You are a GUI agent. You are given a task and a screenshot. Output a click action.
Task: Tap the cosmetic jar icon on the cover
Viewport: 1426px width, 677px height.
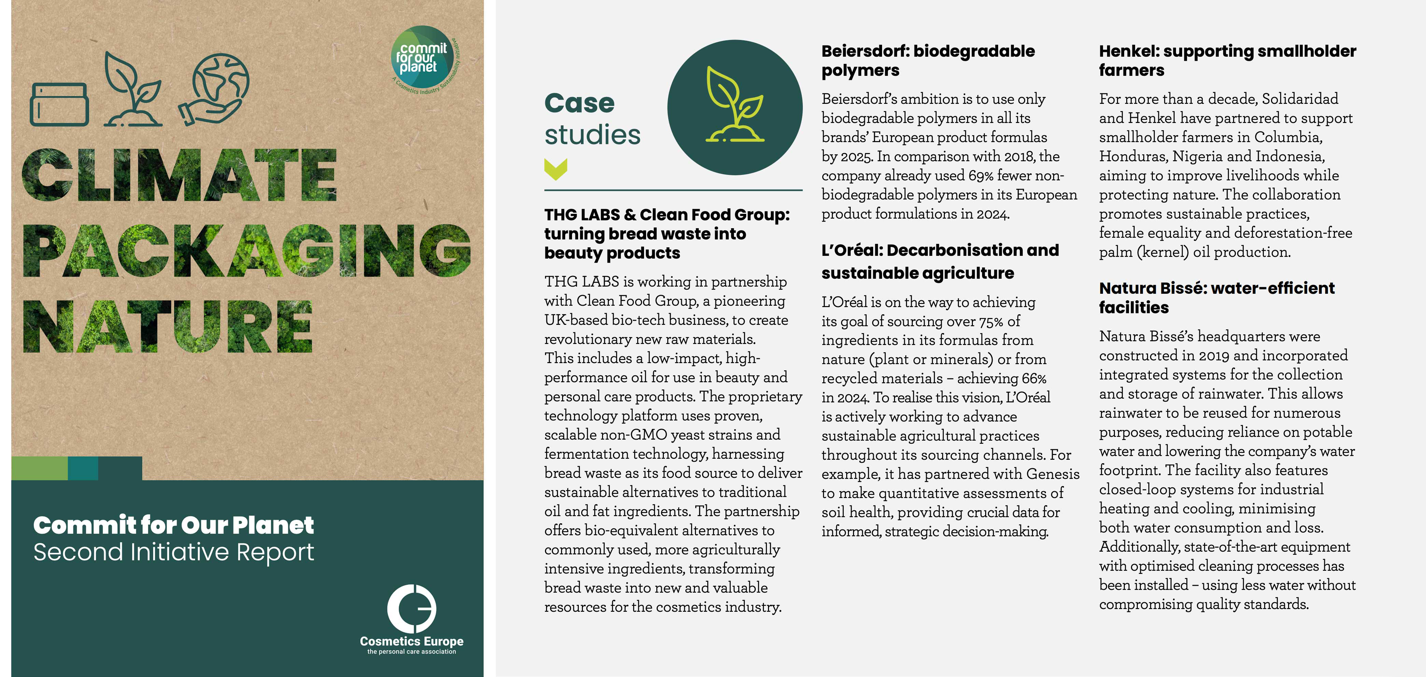point(59,105)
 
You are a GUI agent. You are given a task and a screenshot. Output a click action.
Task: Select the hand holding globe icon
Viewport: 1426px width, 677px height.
point(214,88)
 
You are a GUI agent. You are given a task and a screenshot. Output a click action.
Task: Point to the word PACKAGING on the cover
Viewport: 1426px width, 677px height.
point(246,251)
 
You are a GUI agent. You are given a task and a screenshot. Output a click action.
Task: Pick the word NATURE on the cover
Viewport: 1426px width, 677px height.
point(167,327)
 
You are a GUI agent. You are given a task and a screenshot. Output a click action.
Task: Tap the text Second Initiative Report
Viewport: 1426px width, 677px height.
point(173,552)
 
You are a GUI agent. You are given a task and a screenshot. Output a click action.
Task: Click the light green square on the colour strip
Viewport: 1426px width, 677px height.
point(39,468)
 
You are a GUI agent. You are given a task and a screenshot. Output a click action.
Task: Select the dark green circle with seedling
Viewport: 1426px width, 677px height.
point(735,107)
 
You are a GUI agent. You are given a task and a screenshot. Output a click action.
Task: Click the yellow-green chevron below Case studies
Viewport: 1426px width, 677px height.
point(556,169)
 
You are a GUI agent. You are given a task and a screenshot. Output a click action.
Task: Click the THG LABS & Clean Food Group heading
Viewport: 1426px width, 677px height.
point(667,234)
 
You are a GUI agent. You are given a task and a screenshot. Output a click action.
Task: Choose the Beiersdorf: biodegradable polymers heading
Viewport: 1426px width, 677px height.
point(928,60)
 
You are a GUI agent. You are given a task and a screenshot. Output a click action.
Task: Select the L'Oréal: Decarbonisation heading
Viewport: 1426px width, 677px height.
point(939,261)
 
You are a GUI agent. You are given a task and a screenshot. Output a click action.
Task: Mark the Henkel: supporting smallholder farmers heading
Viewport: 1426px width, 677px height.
point(1227,60)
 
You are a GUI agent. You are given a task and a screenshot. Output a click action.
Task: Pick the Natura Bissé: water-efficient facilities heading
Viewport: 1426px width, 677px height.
point(1216,298)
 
